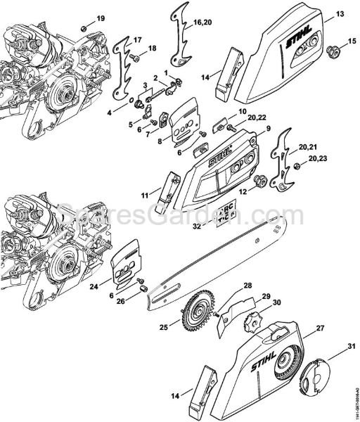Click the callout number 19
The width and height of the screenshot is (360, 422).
click(100, 18)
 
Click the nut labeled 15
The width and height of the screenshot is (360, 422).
click(330, 50)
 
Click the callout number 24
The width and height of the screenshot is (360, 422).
click(94, 286)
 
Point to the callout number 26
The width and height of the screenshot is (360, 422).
click(121, 302)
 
